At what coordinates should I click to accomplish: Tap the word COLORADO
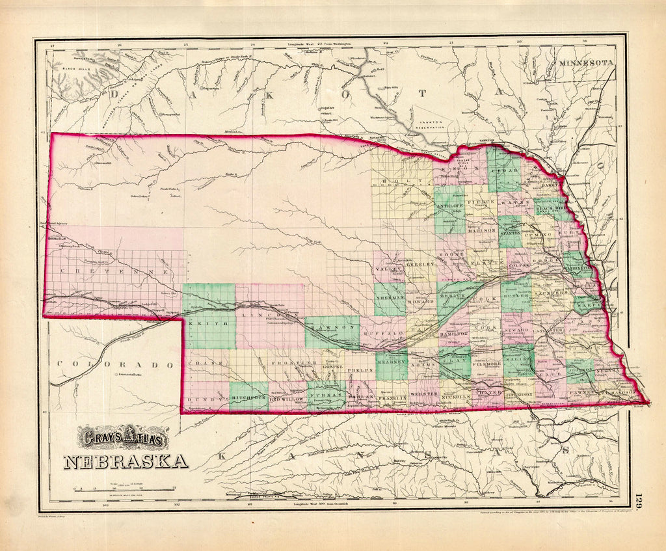point(116,365)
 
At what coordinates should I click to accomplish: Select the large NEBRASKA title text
point(126,461)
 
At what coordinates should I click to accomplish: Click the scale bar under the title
point(124,488)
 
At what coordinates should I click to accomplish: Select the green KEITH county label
point(209,322)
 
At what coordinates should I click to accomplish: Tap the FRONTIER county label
point(284,362)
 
